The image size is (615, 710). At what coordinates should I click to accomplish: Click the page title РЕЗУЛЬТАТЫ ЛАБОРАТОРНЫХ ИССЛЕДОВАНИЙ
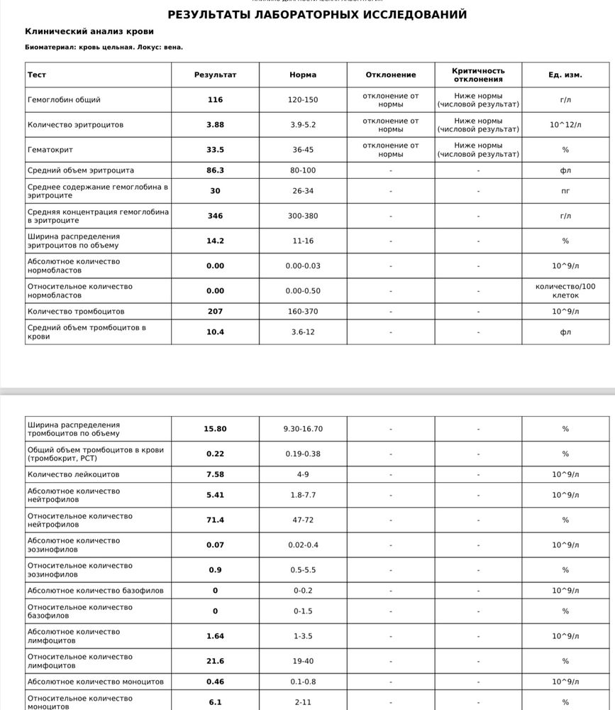tap(317, 14)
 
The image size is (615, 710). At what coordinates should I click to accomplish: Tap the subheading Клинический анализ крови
tap(89, 31)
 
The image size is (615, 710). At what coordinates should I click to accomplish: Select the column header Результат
tap(215, 75)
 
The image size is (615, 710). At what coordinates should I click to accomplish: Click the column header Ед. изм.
tap(565, 75)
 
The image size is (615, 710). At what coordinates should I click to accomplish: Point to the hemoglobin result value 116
tap(215, 100)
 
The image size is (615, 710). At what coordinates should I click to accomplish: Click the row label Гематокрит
tap(50, 150)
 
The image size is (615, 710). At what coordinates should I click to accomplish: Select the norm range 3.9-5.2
tap(303, 125)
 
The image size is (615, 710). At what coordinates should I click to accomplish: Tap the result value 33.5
tap(215, 150)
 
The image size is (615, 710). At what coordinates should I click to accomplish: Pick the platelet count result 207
tap(215, 311)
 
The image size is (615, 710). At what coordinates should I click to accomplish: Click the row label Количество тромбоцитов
tap(76, 311)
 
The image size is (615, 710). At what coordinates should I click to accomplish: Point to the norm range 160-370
tap(303, 311)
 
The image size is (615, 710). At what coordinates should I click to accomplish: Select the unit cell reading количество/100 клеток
tap(565, 290)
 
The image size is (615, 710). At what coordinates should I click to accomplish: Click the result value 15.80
tap(215, 429)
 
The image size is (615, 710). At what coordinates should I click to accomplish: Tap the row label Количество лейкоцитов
tap(74, 474)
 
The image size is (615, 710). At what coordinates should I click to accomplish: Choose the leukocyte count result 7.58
tap(215, 474)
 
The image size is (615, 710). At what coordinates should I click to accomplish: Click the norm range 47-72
tap(303, 520)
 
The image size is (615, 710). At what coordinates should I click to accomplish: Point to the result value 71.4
tap(215, 520)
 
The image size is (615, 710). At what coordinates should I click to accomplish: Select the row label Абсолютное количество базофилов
tap(95, 591)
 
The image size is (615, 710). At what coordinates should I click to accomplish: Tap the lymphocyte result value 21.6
tap(215, 661)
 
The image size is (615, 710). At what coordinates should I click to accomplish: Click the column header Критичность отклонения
tap(478, 75)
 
